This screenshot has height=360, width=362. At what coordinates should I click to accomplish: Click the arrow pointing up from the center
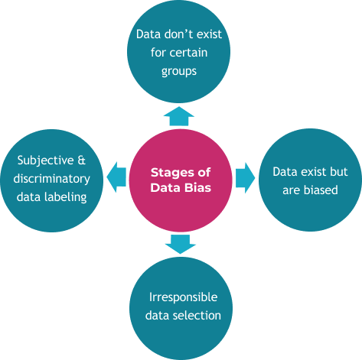(179, 116)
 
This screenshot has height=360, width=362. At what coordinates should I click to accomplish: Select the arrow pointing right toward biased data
(245, 178)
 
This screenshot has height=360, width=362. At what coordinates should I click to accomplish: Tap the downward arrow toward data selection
(181, 244)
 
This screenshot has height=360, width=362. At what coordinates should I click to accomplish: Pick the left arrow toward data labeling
(116, 177)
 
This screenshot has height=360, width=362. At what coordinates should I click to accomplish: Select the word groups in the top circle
(179, 72)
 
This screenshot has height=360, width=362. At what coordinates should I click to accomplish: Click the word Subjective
(46, 161)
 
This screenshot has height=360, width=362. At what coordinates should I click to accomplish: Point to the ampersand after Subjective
(81, 161)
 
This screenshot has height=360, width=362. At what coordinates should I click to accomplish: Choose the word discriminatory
(51, 179)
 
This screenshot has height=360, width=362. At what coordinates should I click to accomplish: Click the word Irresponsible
(184, 297)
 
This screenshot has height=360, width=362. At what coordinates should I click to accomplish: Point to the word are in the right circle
(292, 190)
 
